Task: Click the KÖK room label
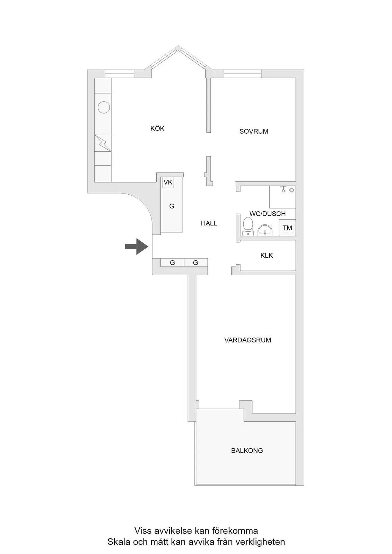(x=157, y=128)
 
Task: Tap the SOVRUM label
(x=254, y=131)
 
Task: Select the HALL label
(x=209, y=223)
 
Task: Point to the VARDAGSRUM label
(x=247, y=340)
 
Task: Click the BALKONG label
(x=247, y=450)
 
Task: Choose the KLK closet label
(x=267, y=256)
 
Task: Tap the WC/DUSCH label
(x=268, y=214)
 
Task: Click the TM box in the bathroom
(x=287, y=227)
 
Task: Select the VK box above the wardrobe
(x=168, y=182)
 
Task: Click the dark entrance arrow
(x=137, y=246)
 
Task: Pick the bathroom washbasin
(x=265, y=231)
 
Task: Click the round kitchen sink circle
(x=104, y=108)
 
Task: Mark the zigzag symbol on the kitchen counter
(x=103, y=143)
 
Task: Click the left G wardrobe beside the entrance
(x=172, y=262)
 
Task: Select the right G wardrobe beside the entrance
(x=195, y=262)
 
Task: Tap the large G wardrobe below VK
(x=172, y=206)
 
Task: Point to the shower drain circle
(x=292, y=190)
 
